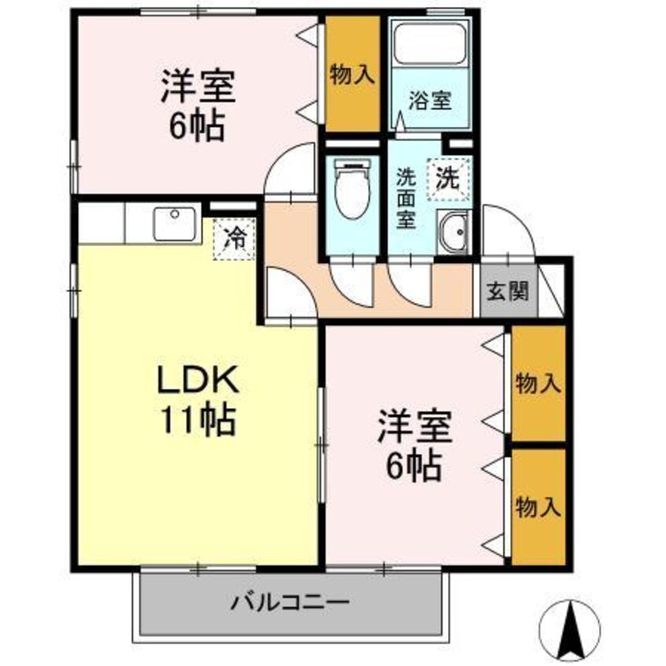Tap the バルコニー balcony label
289,605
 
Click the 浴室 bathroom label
429,100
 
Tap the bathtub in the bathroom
430,45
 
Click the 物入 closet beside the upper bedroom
352,75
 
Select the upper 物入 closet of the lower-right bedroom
538,384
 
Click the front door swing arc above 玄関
508,231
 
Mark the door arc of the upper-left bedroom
290,170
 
